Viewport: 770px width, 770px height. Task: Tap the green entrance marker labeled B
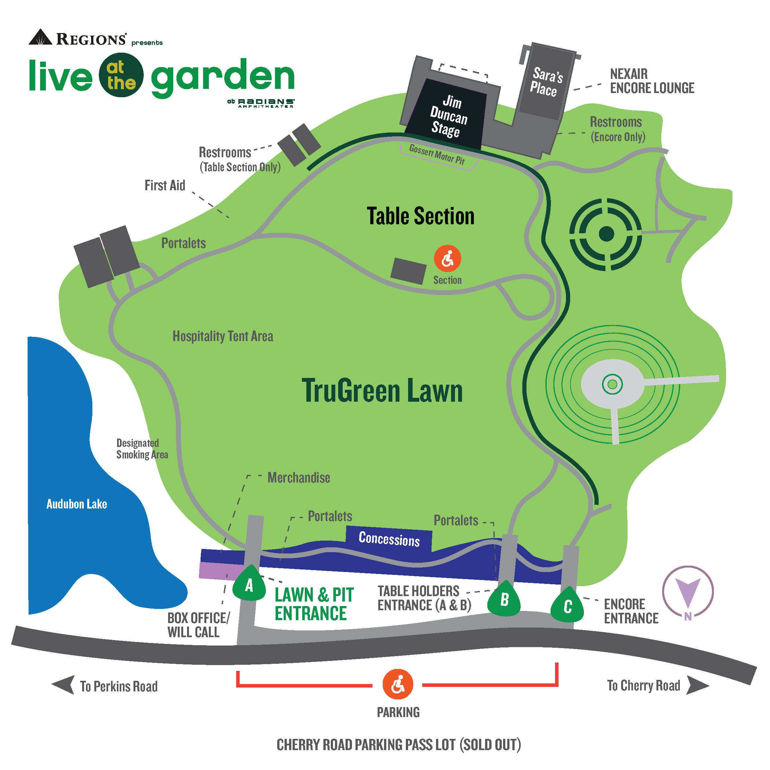click(504, 599)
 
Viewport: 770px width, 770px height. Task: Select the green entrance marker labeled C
click(568, 606)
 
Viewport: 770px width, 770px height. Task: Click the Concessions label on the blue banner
click(389, 539)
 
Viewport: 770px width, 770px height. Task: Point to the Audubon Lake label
click(77, 504)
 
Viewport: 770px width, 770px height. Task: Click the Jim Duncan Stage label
click(449, 116)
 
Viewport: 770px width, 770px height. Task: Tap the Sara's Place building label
click(546, 82)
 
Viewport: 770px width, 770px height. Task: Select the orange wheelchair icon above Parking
click(398, 684)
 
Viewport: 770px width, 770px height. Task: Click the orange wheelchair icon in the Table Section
click(448, 258)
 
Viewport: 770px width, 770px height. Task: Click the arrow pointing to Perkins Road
click(64, 685)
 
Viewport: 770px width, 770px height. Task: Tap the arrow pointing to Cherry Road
click(697, 685)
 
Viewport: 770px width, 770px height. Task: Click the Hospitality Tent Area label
click(223, 336)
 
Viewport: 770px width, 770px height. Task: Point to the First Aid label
click(165, 186)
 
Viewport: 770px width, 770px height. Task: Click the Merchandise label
click(298, 477)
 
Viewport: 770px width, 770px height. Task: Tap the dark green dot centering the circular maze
click(606, 234)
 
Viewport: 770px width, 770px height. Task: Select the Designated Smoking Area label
click(142, 449)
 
